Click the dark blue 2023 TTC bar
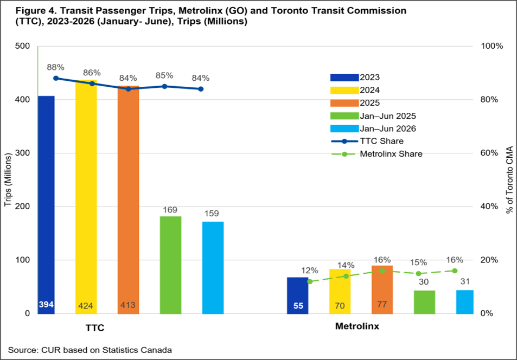click(x=46, y=205)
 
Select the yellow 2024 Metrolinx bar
click(x=340, y=292)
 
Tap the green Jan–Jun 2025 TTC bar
click(x=170, y=265)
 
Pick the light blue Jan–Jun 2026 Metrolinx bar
click(x=465, y=302)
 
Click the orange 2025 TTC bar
click(x=128, y=200)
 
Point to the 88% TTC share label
click(x=55, y=68)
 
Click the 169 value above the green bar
click(x=170, y=210)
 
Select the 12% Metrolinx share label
click(x=310, y=271)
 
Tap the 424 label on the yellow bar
click(x=86, y=306)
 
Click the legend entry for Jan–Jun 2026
click(x=373, y=128)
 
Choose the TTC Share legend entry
click(x=367, y=141)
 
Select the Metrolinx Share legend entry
click(x=376, y=154)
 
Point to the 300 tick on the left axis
click(x=22, y=153)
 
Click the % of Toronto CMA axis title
click(x=510, y=179)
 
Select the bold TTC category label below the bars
click(x=95, y=329)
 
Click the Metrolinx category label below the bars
click(x=357, y=326)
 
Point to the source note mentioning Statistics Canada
click(x=90, y=350)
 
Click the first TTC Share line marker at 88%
click(x=56, y=78)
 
